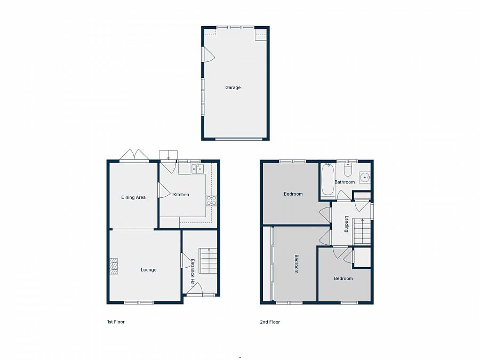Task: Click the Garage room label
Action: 233,87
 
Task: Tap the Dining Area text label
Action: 133,197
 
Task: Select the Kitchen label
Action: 181,195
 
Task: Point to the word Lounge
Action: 149,270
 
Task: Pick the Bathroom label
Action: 345,182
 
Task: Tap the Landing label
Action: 346,223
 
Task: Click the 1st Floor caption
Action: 116,322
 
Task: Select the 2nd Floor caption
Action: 270,322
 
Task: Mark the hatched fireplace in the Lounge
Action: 114,266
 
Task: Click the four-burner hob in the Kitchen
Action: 211,200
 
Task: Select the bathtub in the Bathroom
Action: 327,179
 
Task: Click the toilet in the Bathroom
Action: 348,169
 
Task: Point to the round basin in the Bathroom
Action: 365,177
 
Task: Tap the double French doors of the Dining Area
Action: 134,155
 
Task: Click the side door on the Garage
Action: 207,54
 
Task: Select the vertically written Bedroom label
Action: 297,264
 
